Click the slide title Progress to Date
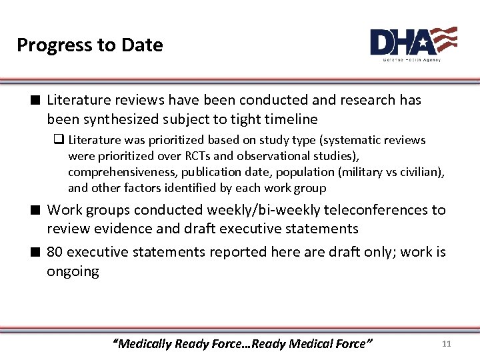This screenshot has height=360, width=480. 89,45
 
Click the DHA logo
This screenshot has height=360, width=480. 413,43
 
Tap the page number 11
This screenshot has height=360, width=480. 447,343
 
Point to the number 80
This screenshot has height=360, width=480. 55,252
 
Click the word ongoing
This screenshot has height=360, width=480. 73,271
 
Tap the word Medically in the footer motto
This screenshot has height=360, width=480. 143,344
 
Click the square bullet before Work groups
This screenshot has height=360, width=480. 37,210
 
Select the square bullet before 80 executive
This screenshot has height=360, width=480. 37,252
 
